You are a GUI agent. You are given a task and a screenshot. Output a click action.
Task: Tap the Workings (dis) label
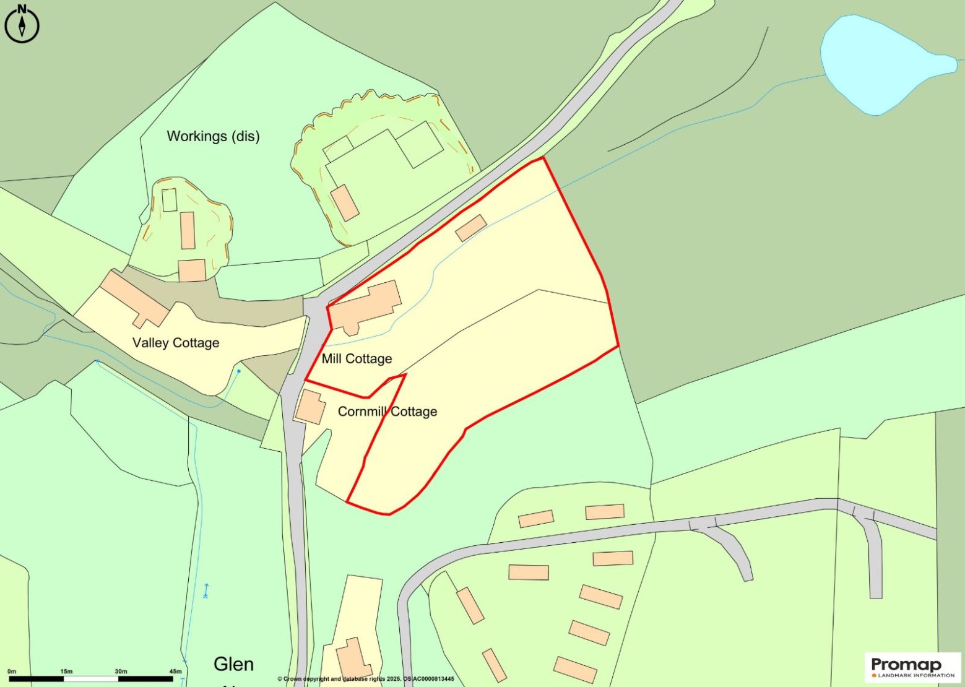[213, 136]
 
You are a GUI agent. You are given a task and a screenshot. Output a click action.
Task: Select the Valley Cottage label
[176, 343]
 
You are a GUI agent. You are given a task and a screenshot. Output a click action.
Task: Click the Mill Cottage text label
[357, 359]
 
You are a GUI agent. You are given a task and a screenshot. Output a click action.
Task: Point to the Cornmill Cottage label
[387, 412]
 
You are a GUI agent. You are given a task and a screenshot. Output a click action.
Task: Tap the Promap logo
[912, 667]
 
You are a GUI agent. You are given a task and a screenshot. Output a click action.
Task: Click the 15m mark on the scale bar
[66, 672]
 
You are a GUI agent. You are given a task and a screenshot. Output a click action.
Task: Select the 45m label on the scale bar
[175, 672]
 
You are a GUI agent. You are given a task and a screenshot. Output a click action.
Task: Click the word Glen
[233, 664]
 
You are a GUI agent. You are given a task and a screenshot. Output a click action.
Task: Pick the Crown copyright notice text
[365, 679]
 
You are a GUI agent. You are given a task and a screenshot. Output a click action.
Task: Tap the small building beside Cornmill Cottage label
[310, 407]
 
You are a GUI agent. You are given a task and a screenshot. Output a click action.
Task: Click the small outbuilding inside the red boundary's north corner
[471, 228]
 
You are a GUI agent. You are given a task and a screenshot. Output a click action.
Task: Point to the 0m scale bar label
[11, 672]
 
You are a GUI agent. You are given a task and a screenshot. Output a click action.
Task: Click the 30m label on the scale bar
[121, 672]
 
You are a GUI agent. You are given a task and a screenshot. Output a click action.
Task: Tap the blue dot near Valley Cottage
[239, 371]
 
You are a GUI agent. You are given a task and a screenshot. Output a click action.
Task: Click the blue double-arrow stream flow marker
[206, 591]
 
